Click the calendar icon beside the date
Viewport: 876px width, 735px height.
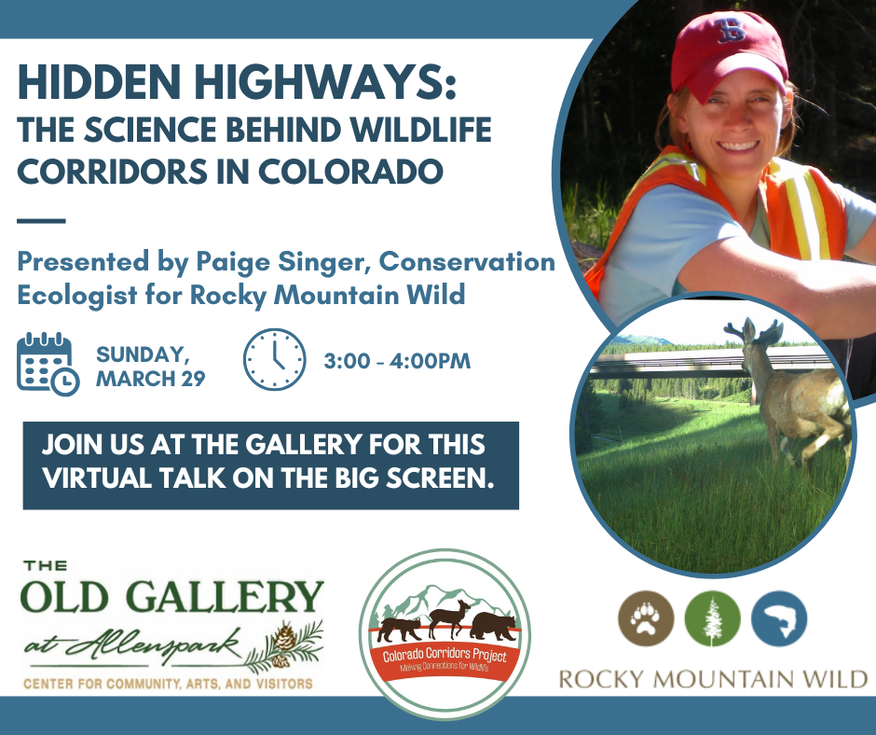coord(48,364)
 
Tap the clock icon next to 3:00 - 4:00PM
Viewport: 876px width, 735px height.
coord(274,359)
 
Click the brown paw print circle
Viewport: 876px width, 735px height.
coord(646,618)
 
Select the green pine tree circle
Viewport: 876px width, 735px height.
coord(712,618)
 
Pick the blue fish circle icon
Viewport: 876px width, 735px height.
coord(779,618)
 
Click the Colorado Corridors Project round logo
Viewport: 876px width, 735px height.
coord(445,634)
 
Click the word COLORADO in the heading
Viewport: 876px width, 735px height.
coord(350,172)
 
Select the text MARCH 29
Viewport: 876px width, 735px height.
coord(151,379)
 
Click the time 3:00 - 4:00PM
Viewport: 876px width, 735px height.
coord(397,361)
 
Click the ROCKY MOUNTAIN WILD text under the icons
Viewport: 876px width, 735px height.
coord(713,679)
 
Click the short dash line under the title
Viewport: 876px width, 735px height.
coord(41,221)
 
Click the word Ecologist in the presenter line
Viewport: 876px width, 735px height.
coord(77,295)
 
